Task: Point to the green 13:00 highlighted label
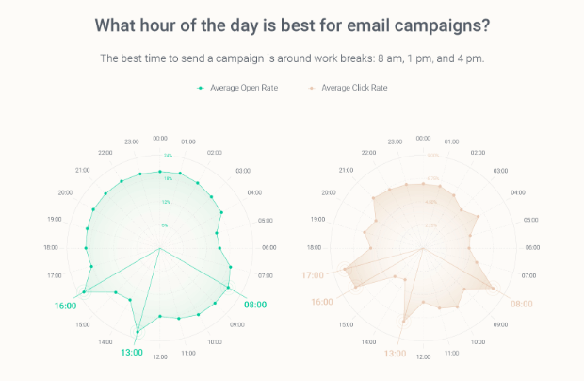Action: (131, 353)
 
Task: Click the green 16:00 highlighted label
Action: (66, 306)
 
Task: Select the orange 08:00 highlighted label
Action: (521, 305)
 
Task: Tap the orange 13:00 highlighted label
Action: (395, 353)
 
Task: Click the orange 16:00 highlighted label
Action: (321, 302)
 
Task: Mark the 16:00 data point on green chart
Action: (84, 292)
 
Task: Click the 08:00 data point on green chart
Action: (230, 288)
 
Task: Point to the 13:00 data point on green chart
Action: (138, 330)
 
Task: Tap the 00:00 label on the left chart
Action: (160, 139)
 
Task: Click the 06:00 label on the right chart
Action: (533, 247)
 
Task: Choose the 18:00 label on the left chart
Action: (50, 247)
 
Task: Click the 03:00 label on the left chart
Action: (243, 171)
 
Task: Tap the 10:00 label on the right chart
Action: (479, 341)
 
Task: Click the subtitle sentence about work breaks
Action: (292, 58)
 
